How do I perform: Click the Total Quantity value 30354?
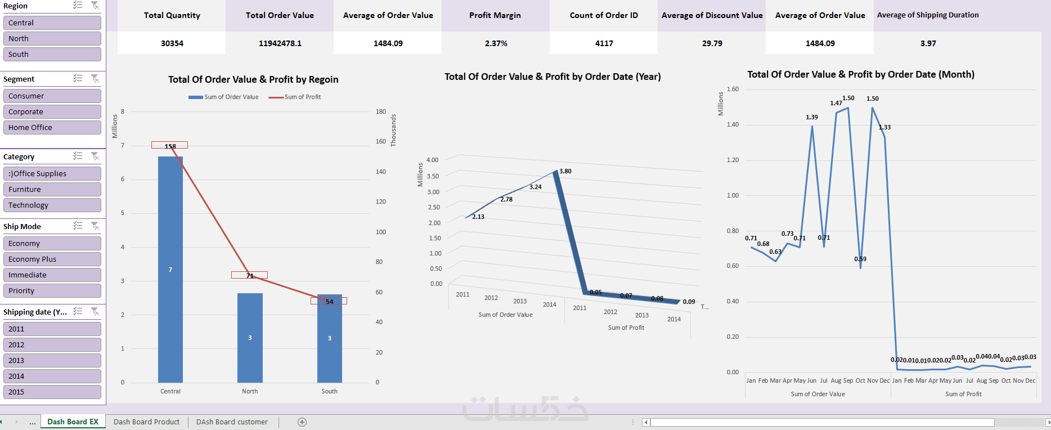click(172, 43)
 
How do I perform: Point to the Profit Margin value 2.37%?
click(496, 43)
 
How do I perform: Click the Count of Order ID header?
click(604, 15)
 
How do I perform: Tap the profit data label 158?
click(170, 146)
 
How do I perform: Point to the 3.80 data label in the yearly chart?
click(565, 171)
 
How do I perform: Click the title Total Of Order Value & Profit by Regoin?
click(253, 79)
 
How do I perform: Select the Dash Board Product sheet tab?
click(146, 422)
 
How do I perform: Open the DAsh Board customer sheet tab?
click(232, 422)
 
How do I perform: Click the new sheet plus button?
click(302, 422)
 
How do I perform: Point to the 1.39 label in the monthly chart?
click(812, 117)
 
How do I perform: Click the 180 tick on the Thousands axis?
click(381, 111)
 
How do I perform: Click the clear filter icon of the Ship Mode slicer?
click(95, 226)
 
